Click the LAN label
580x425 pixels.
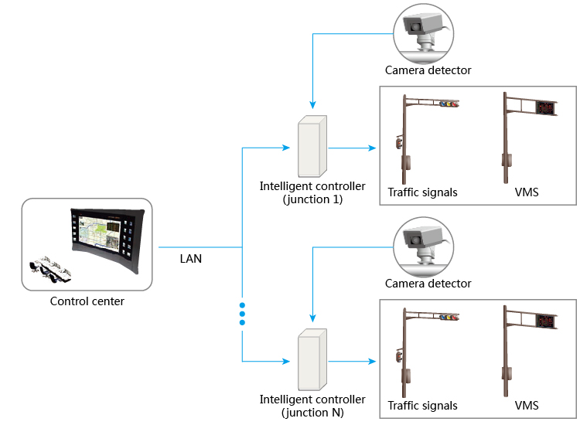[x=190, y=259]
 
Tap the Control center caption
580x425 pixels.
[x=87, y=301]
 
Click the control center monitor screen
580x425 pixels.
[x=104, y=233]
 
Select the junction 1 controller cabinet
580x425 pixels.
[x=311, y=146]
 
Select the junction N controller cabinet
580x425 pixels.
[x=311, y=359]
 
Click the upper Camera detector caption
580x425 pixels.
[x=428, y=70]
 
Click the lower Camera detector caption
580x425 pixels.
[x=428, y=284]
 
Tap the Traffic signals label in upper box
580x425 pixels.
[x=422, y=192]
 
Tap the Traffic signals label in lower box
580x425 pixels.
[x=422, y=406]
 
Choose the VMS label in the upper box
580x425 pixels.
[x=526, y=192]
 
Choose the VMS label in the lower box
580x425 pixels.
[x=526, y=406]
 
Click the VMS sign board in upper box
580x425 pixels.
[x=546, y=108]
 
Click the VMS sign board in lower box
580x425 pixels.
[x=546, y=321]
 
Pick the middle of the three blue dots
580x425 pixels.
[x=242, y=314]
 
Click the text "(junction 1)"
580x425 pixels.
[x=312, y=199]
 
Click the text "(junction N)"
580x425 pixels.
[x=312, y=412]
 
